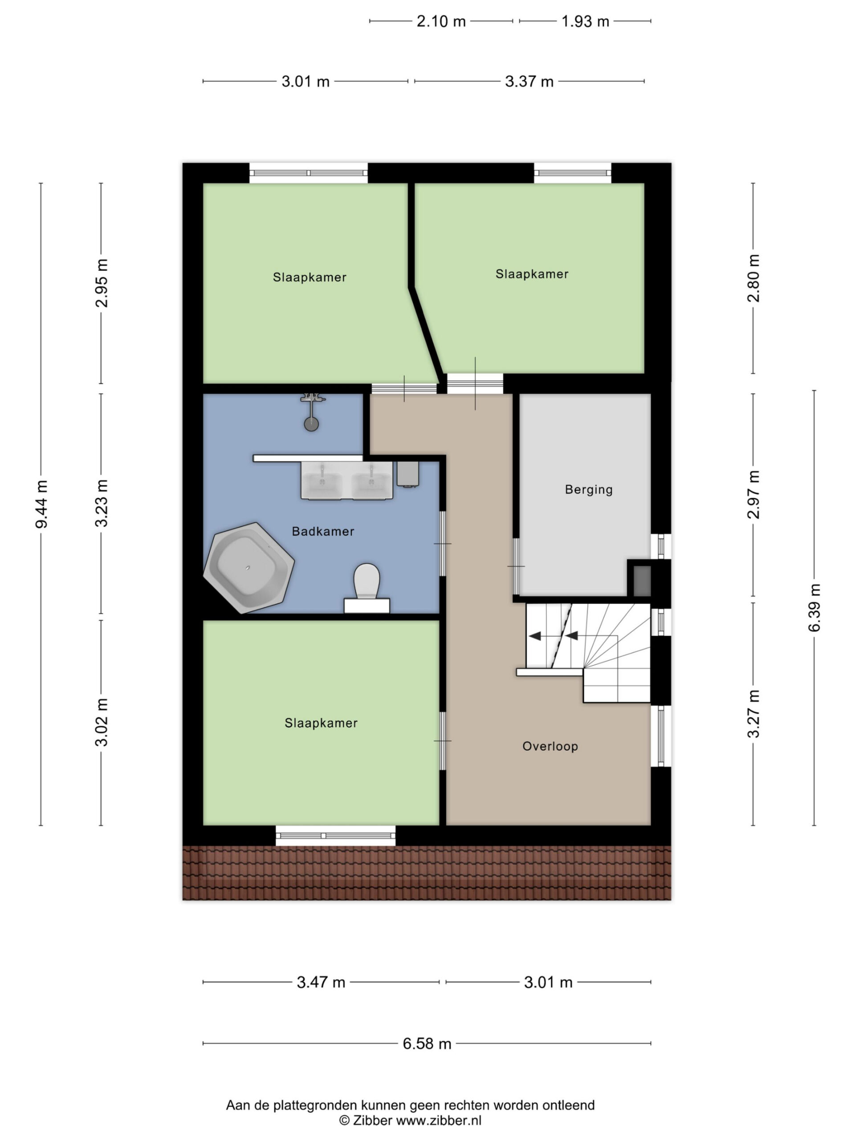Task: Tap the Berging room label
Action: pos(589,489)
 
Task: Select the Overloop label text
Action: pos(550,746)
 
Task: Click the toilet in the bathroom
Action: pos(367,587)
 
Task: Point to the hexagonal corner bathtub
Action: pos(249,567)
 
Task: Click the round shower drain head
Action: pos(311,424)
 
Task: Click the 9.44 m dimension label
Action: pos(42,504)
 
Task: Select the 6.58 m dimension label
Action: pos(427,1044)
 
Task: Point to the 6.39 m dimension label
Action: pos(814,607)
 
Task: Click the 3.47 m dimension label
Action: pos(321,982)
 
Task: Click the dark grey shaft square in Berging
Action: pos(642,581)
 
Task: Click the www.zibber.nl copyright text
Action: pos(410,1120)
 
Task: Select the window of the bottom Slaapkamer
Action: pos(335,835)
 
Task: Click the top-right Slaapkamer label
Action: pos(532,274)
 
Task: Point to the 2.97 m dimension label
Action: pos(754,495)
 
